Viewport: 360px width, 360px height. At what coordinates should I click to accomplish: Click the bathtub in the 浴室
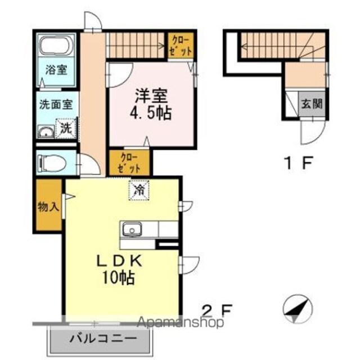(x=56, y=45)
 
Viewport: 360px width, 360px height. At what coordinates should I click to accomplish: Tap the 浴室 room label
(x=56, y=70)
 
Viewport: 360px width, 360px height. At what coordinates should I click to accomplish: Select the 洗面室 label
(x=56, y=105)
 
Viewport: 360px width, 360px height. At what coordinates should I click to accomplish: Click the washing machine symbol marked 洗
(x=66, y=129)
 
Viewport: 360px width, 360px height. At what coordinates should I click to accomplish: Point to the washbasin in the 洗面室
(x=46, y=132)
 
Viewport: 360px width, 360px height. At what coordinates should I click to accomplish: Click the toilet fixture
(x=53, y=163)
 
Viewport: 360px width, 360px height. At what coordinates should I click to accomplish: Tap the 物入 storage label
(x=48, y=207)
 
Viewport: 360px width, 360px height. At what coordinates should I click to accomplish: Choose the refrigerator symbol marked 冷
(x=139, y=190)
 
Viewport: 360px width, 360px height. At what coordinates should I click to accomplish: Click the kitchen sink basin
(x=132, y=229)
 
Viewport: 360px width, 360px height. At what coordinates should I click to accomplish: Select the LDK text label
(x=119, y=262)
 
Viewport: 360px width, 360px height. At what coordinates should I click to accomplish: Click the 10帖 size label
(x=119, y=277)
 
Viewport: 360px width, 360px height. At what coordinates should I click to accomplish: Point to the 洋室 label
(x=151, y=96)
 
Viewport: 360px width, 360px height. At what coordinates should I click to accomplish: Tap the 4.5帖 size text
(x=151, y=113)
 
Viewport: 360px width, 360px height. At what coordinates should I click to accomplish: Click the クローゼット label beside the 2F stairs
(x=181, y=46)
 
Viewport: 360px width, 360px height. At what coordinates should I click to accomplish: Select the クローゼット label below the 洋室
(x=129, y=163)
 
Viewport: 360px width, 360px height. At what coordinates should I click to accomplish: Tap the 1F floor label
(x=298, y=163)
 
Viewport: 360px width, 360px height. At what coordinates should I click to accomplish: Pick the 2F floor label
(x=217, y=310)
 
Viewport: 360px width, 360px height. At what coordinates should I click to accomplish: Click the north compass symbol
(x=298, y=309)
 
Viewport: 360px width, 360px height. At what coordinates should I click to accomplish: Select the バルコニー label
(x=103, y=339)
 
